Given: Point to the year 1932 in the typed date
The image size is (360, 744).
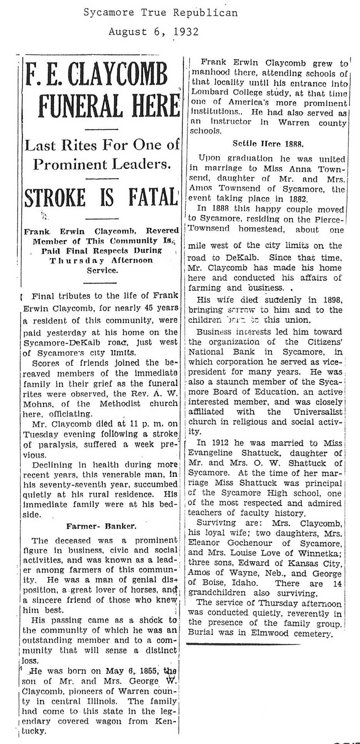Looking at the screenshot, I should (186, 32).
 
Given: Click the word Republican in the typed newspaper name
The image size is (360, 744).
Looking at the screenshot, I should (205, 13).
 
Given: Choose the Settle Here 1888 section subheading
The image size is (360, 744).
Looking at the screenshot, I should (268, 144).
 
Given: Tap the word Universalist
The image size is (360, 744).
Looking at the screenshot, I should (317, 412).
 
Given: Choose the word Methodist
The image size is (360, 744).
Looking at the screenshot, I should (120, 404).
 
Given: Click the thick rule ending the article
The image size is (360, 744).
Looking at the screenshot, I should (243, 644).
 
